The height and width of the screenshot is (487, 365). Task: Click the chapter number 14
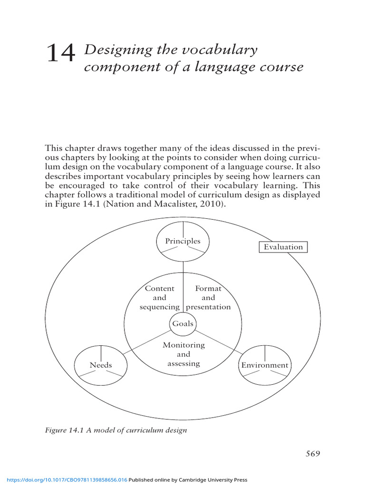61,53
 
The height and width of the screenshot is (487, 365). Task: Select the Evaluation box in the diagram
283,247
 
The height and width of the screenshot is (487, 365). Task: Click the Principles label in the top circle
183,241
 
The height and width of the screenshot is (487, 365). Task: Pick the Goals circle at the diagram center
183,323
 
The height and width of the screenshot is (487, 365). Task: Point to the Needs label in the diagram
101,365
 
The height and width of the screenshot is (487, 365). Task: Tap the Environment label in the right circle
265,365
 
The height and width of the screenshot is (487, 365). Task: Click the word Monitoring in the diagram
183,345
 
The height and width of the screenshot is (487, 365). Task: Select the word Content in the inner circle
160,288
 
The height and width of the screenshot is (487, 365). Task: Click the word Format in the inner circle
208,288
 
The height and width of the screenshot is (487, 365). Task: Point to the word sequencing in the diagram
160,307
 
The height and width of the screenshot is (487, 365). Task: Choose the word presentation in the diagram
209,307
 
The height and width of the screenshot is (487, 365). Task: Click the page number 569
313,453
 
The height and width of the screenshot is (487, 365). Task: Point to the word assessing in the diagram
183,364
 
